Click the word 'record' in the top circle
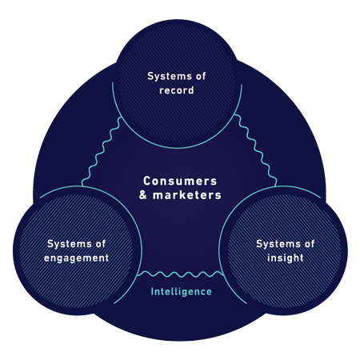click(177, 90)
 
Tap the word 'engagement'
click(77, 258)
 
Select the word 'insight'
click(286, 258)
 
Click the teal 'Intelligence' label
click(182, 291)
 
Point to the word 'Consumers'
click(180, 181)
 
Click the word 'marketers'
click(187, 195)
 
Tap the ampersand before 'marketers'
click(143, 195)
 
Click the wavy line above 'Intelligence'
click(181, 274)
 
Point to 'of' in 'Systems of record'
click(201, 76)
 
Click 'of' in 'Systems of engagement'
click(101, 244)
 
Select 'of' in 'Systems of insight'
click(310, 244)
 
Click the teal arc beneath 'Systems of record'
click(177, 147)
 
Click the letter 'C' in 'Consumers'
click(147, 181)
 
